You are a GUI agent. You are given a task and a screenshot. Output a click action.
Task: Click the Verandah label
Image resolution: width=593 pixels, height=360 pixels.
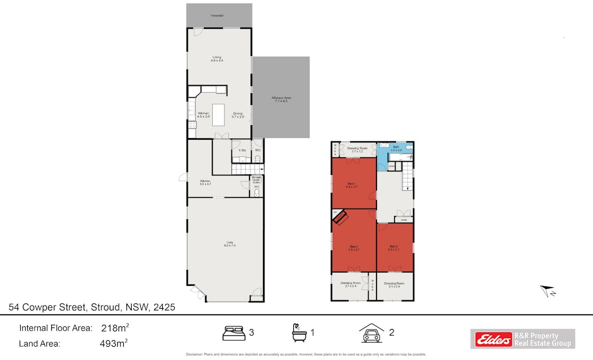point(217,16)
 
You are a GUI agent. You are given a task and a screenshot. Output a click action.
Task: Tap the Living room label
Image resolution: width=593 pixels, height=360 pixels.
point(217,59)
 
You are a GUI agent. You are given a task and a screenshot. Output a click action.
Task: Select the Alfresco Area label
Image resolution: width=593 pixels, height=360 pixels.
point(281,100)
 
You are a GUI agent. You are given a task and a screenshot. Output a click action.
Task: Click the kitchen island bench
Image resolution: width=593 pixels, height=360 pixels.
point(220,114)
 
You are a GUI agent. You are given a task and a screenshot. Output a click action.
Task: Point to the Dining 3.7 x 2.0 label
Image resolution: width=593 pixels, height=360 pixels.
point(238,115)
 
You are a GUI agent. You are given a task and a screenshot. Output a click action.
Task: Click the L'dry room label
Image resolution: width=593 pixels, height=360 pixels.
point(242,150)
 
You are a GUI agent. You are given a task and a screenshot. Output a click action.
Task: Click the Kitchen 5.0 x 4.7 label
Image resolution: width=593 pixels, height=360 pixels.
point(205,183)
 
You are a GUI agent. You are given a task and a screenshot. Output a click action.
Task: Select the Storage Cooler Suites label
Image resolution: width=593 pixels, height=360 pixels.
point(257,179)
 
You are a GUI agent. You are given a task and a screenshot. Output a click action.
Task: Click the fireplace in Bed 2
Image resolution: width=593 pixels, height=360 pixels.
point(340,217)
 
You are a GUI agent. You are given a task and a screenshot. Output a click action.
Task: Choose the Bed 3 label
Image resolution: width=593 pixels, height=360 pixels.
point(394,247)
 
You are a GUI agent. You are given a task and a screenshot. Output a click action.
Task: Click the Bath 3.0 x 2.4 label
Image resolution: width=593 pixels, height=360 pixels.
point(396,148)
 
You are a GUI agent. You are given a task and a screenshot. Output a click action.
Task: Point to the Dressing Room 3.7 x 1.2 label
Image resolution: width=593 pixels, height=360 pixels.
point(357,150)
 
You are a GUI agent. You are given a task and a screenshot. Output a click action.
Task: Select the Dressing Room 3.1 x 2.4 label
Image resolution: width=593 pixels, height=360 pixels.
point(394,285)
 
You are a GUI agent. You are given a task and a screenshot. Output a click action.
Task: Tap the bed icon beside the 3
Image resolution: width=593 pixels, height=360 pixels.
point(234,332)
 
